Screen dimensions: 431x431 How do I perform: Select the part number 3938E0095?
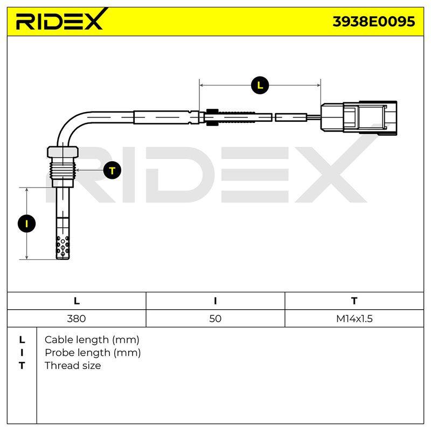point(373,22)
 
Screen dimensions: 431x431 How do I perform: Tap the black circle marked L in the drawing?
point(260,85)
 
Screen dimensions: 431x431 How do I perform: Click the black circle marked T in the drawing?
point(112,170)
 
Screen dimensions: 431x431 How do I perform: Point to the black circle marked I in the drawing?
point(26,224)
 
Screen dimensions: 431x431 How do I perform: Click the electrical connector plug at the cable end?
point(359,117)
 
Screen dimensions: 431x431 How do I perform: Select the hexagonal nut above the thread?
point(62,152)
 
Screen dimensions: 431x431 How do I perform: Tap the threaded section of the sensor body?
point(62,169)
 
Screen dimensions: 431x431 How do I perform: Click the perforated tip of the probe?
point(62,247)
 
